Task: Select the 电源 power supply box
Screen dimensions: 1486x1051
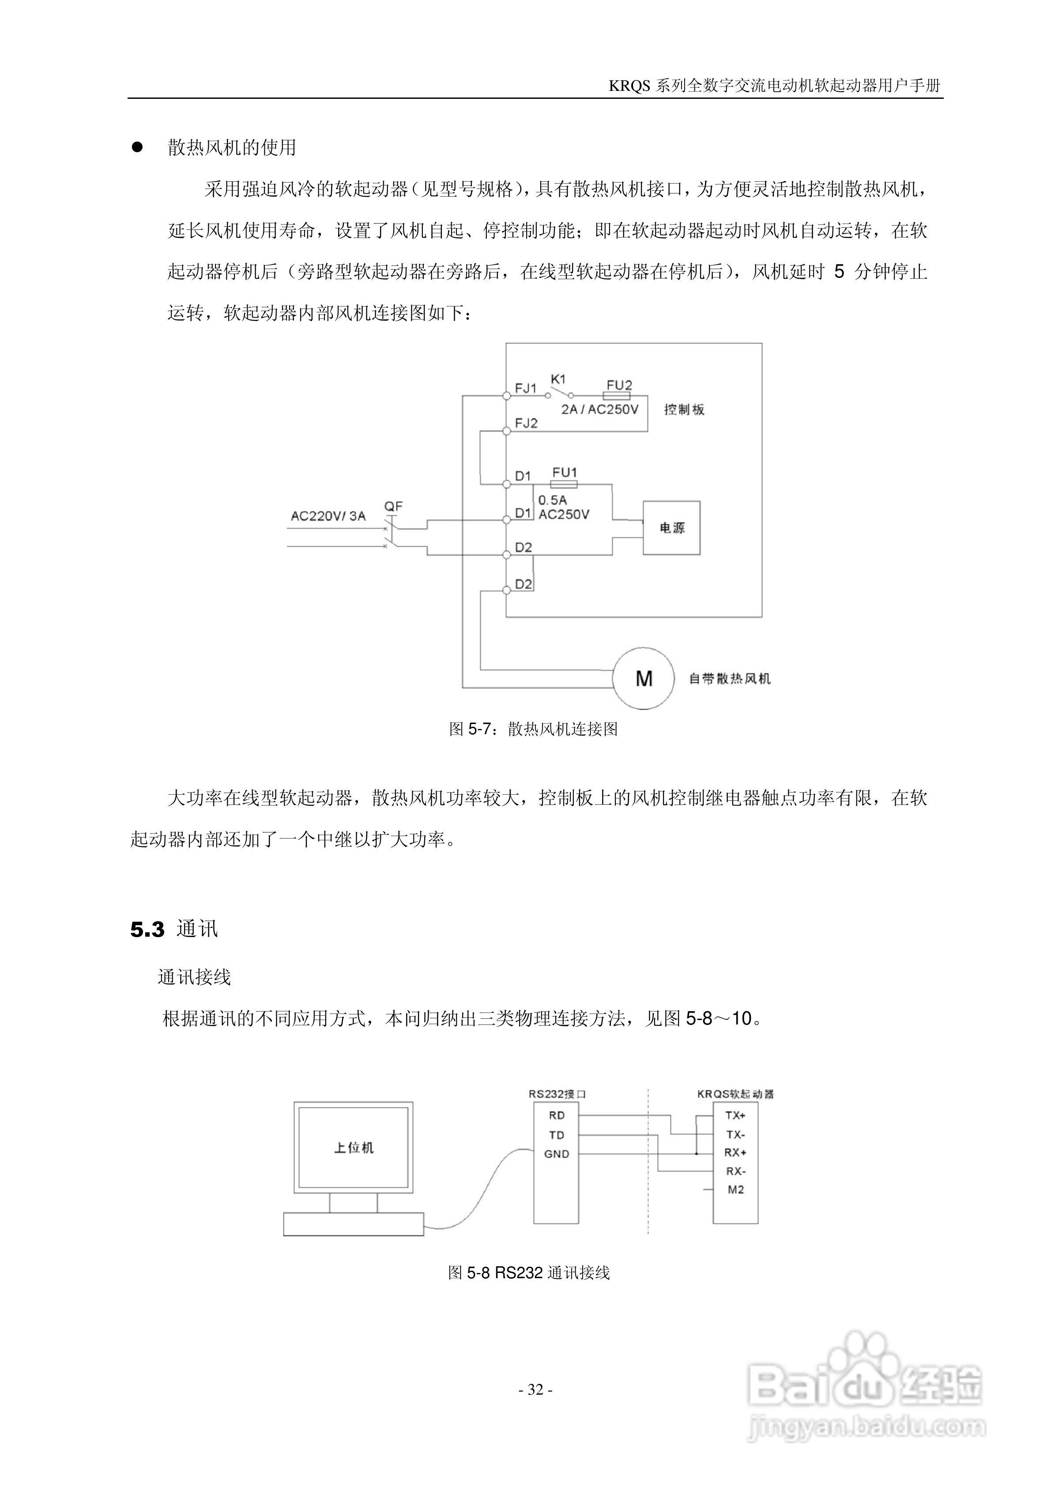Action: click(671, 528)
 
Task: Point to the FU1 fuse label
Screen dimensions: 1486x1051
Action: click(565, 473)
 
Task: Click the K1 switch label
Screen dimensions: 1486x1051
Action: click(558, 379)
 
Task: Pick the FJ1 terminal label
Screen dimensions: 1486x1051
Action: click(526, 388)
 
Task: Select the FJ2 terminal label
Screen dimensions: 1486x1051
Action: click(526, 423)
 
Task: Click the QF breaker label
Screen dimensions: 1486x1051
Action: click(393, 506)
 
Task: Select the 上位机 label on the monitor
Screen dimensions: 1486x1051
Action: click(354, 1148)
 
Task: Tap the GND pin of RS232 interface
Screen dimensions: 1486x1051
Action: click(556, 1153)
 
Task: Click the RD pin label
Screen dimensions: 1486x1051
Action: click(556, 1115)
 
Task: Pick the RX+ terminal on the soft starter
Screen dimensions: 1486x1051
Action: click(735, 1153)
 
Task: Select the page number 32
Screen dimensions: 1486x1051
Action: click(535, 1389)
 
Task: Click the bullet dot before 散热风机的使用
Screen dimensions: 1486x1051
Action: click(137, 147)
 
